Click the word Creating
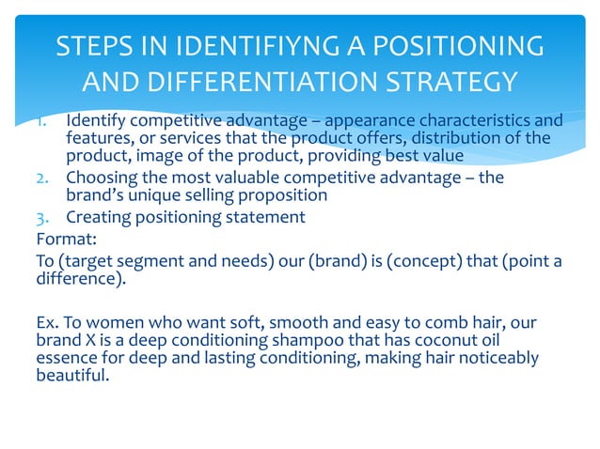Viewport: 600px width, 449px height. click(95, 218)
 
